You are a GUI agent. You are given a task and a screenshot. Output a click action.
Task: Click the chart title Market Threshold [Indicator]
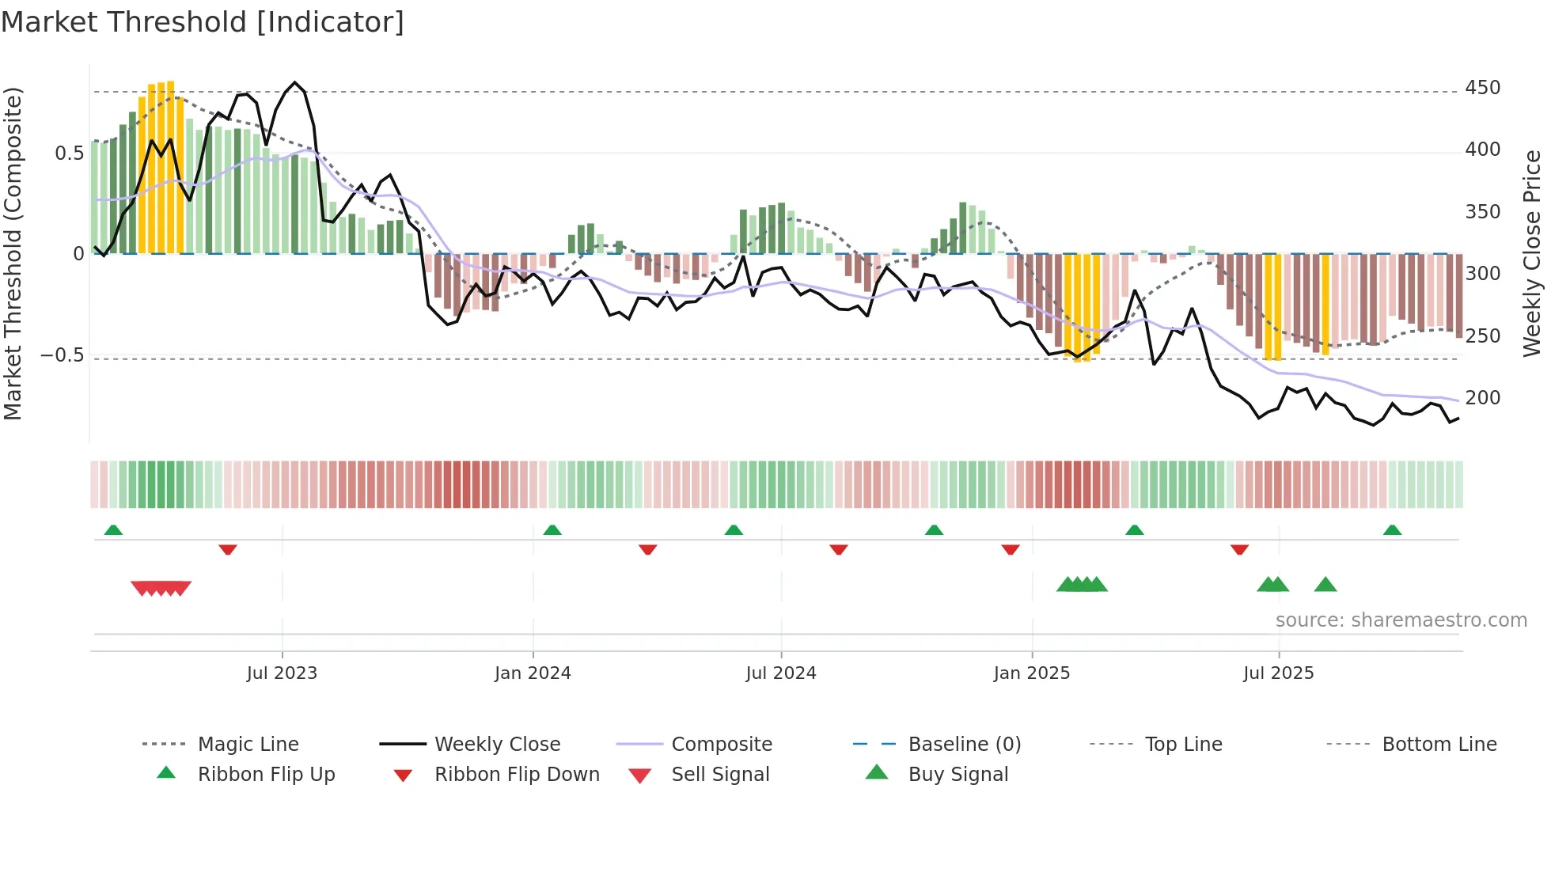(203, 22)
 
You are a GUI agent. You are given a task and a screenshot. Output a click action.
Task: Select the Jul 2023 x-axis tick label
(282, 673)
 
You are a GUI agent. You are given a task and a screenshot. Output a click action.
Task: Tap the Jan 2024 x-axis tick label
(533, 673)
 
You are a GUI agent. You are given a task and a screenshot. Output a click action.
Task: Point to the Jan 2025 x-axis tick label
(1032, 673)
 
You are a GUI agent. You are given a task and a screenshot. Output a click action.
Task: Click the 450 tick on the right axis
(1482, 88)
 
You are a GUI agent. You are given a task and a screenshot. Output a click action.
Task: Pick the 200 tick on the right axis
(1482, 398)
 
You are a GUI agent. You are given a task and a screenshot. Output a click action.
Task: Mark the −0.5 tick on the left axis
(63, 355)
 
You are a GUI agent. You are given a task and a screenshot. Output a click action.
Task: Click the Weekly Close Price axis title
(1532, 253)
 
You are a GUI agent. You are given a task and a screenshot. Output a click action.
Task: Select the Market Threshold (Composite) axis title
(13, 253)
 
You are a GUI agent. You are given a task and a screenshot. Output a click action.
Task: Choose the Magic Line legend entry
(248, 745)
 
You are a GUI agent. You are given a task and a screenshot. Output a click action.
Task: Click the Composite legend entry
(721, 745)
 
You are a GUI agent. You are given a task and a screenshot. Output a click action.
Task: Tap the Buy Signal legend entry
(958, 775)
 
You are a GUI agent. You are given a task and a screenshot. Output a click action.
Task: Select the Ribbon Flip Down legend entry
(517, 775)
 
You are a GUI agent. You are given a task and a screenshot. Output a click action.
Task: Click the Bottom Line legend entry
(1439, 745)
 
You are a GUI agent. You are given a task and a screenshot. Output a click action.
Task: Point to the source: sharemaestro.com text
(1401, 620)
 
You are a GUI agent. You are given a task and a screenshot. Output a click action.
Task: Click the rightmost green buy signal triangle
(1325, 586)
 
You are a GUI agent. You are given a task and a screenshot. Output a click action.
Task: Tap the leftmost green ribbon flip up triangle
(113, 530)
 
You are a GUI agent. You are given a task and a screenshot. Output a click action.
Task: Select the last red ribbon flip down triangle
(1239, 549)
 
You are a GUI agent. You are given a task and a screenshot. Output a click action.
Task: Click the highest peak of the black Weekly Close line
(295, 82)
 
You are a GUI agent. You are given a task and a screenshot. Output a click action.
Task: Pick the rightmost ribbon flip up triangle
(1392, 530)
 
